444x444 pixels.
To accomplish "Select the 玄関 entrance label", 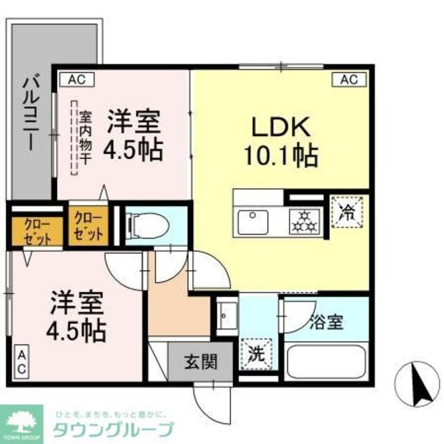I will (201, 361).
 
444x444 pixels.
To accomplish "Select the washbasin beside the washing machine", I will (226, 316).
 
